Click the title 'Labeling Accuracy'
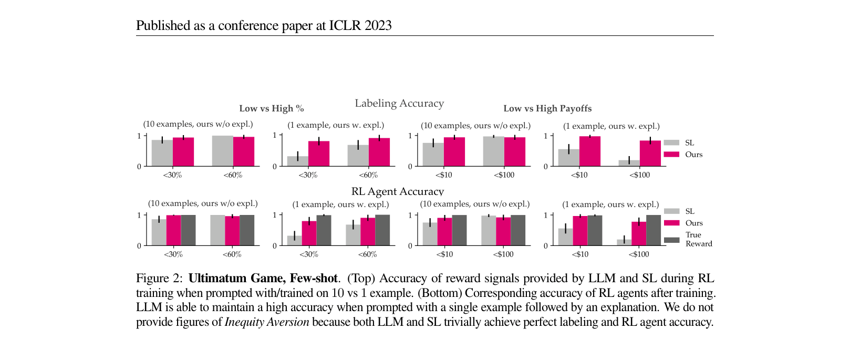tap(399, 104)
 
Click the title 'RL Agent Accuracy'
tap(398, 191)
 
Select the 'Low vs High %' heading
tap(272, 109)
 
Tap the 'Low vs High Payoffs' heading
tap(547, 109)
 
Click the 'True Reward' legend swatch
tap(671, 240)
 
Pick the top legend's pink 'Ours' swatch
tap(671, 155)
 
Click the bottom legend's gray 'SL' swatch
tap(671, 211)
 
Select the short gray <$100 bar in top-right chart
tap(629, 163)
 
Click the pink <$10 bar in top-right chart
tap(590, 151)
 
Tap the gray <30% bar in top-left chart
tap(162, 153)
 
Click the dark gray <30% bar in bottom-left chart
tap(188, 230)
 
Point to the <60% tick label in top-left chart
tap(233, 175)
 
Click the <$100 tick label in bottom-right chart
tap(639, 254)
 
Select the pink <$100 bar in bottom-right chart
tap(639, 234)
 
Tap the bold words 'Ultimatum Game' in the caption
tap(236, 279)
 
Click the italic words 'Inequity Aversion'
tap(267, 322)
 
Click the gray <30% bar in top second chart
tap(297, 161)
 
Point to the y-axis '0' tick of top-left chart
tap(139, 167)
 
